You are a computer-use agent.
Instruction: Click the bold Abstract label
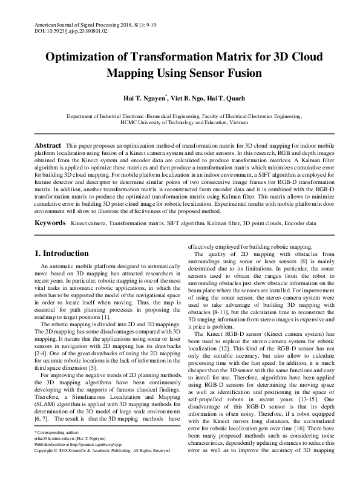pos(47,146)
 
